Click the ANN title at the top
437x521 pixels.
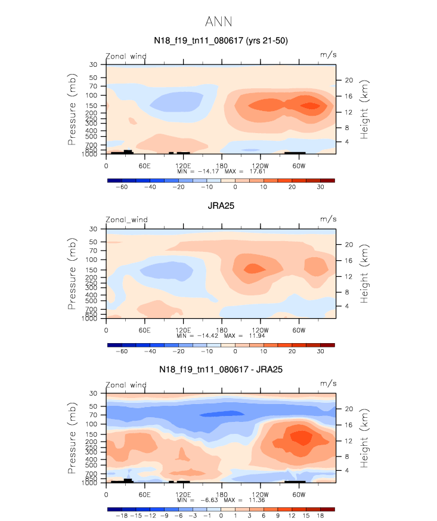click(218, 22)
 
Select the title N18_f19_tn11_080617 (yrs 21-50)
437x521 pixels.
click(221, 41)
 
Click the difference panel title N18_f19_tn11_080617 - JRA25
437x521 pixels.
click(221, 370)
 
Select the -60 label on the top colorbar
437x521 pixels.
click(122, 187)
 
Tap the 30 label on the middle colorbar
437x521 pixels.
click(320, 352)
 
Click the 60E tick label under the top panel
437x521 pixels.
click(144, 165)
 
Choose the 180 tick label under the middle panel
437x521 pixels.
click(221, 329)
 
